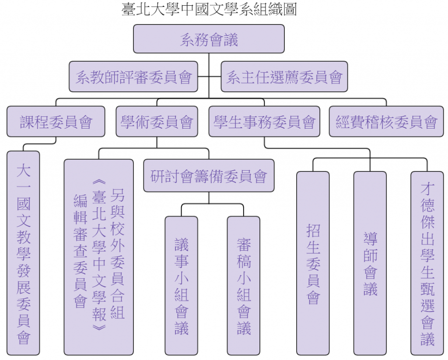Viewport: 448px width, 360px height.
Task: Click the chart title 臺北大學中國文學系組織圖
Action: tap(209, 9)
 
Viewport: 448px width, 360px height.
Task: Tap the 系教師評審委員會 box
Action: tap(133, 77)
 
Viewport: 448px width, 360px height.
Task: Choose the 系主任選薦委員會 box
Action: tap(284, 77)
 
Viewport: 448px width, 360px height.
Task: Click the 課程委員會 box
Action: tap(56, 122)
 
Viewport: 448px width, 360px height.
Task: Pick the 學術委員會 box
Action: tap(157, 122)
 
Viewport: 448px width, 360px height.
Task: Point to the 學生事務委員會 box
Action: tap(264, 122)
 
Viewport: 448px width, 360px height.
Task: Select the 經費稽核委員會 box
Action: tap(386, 122)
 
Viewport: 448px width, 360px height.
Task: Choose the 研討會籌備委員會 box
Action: tap(209, 175)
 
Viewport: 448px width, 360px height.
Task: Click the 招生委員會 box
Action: tap(313, 263)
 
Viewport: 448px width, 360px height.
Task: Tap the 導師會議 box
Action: tap(370, 263)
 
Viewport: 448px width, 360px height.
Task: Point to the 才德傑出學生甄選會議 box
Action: tap(427, 263)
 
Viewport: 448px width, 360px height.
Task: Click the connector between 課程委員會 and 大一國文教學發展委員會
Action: tap(39, 143)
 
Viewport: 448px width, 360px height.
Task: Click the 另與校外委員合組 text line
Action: tap(118, 254)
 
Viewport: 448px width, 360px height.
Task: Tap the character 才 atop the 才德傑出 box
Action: tap(427, 189)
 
